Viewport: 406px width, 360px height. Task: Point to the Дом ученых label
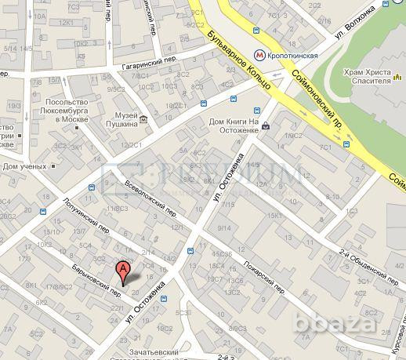pos(26,166)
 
